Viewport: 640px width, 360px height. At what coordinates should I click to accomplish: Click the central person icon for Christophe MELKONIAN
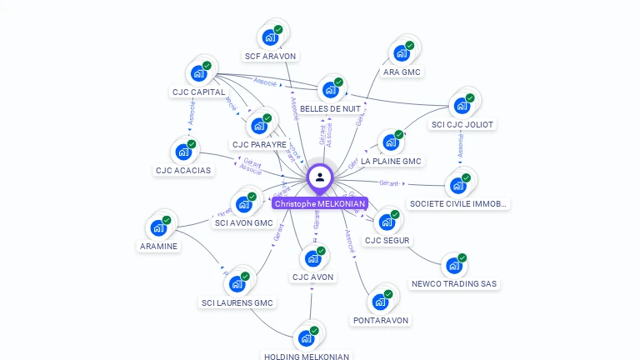click(320, 177)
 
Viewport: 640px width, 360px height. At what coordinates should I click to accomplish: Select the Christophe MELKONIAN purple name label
click(320, 203)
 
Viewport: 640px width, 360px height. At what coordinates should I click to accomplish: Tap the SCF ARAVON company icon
click(270, 37)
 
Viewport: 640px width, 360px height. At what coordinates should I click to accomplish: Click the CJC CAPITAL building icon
click(198, 73)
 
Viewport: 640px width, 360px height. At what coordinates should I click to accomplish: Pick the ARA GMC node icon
click(401, 53)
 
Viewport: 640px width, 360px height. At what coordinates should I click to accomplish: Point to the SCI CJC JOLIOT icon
click(461, 106)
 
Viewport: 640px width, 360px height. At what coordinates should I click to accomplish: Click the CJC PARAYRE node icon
click(259, 126)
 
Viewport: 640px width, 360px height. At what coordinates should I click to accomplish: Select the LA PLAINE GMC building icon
click(390, 142)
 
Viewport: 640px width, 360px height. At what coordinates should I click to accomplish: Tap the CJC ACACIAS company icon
click(183, 152)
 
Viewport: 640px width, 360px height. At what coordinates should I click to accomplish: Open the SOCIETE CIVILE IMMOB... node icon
click(457, 185)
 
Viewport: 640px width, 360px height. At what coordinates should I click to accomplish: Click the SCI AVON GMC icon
click(244, 204)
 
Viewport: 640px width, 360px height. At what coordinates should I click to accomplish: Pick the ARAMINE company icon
click(158, 227)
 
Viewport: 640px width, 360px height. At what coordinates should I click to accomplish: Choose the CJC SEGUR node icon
click(387, 222)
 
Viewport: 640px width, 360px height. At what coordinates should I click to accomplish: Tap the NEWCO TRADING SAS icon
click(454, 266)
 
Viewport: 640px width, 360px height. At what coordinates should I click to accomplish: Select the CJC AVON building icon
click(312, 258)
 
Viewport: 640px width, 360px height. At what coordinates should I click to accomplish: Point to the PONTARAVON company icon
click(380, 302)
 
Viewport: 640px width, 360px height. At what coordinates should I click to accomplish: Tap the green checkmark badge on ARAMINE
click(167, 220)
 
